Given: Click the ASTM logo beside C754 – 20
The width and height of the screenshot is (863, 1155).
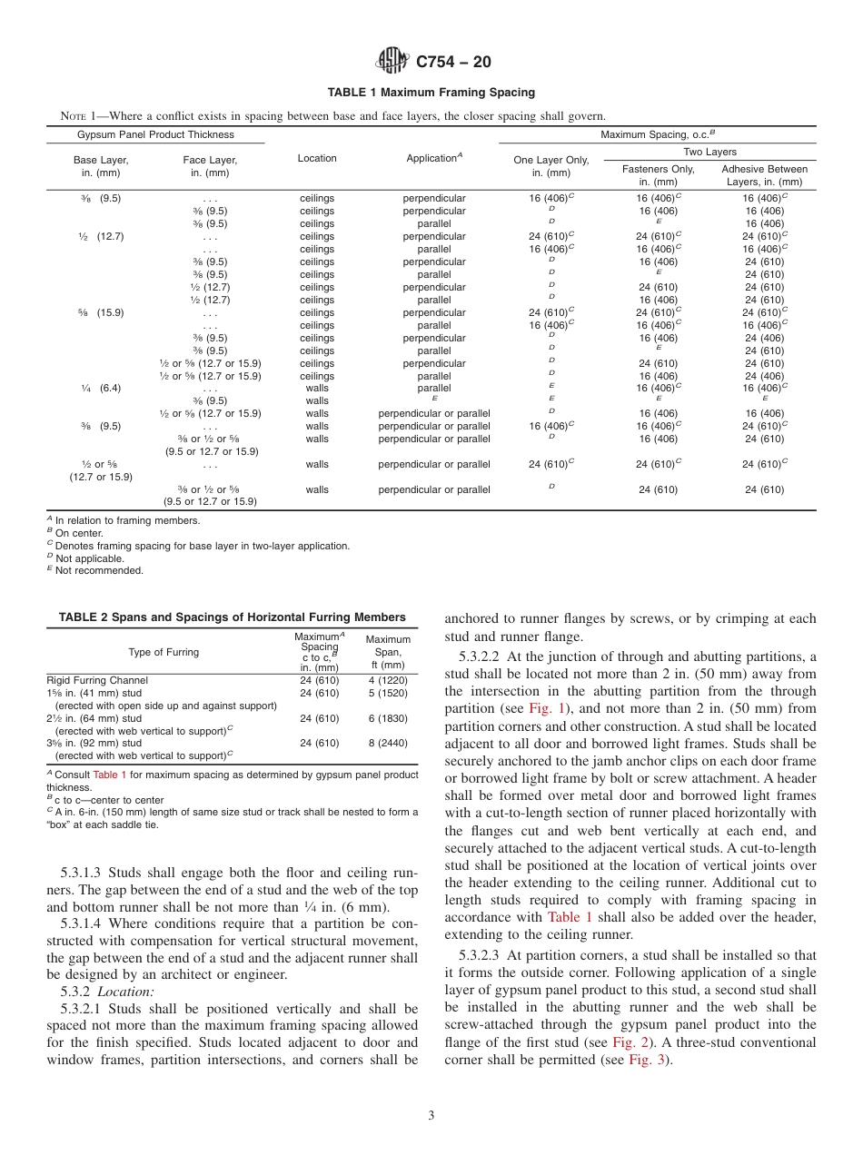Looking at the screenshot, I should [x=393, y=61].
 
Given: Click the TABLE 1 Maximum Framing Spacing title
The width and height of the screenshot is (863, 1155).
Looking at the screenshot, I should [x=431, y=93].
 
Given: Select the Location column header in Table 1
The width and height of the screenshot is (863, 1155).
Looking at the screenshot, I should [x=317, y=158].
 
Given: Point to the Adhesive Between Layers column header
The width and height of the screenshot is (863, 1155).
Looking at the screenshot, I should [x=764, y=175].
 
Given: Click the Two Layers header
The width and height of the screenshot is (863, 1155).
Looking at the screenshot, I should [x=710, y=153].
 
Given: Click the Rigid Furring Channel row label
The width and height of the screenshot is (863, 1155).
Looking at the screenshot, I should [x=97, y=680].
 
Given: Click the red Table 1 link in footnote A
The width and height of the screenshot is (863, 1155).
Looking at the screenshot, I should [x=110, y=775].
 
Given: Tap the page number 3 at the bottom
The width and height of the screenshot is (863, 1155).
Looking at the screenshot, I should [x=431, y=1116].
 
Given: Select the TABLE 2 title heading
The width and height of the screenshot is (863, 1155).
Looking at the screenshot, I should [x=232, y=617].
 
